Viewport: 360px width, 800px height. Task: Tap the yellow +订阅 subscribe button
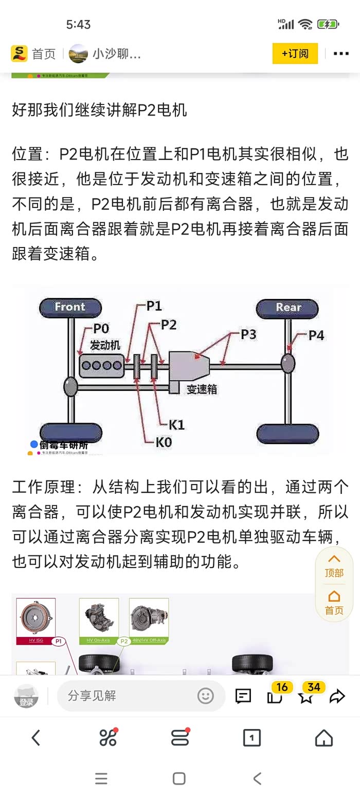pos(295,54)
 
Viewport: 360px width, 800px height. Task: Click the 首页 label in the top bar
pos(44,54)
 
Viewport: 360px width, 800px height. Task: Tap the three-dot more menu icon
pos(341,54)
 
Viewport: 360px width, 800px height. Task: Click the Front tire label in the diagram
pos(70,307)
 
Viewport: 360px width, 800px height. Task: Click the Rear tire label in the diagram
pos(288,307)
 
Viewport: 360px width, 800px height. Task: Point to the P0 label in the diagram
pos(101,329)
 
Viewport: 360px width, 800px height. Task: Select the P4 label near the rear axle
pos(316,335)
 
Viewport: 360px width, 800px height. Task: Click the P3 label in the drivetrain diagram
pos(248,334)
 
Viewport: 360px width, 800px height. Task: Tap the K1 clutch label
pos(176,425)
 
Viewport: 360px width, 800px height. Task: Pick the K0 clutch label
pos(164,441)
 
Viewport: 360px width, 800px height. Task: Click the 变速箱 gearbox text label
pos(202,389)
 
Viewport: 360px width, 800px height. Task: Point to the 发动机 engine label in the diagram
pos(105,345)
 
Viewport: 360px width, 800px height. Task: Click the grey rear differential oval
pos(288,363)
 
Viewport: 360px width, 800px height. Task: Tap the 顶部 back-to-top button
pos(334,566)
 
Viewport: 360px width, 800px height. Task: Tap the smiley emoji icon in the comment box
pos(205,696)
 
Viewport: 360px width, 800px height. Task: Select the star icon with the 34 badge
pos(307,697)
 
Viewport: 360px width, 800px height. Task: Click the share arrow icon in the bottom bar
pos(337,697)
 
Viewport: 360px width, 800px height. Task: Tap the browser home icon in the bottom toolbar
pos(324,738)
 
